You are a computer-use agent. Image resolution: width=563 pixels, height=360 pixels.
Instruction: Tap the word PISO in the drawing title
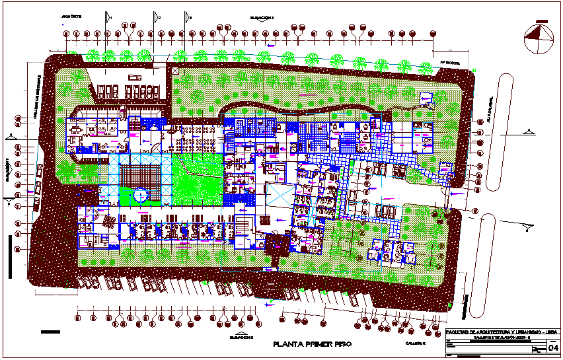coord(342,345)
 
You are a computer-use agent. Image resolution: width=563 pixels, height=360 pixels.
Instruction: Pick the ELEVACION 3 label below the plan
coord(242,336)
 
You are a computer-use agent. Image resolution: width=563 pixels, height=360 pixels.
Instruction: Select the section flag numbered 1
coord(107,17)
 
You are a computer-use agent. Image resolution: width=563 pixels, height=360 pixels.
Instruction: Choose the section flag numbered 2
coord(156,17)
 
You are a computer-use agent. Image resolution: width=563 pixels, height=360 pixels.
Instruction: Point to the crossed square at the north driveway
coord(174,71)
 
